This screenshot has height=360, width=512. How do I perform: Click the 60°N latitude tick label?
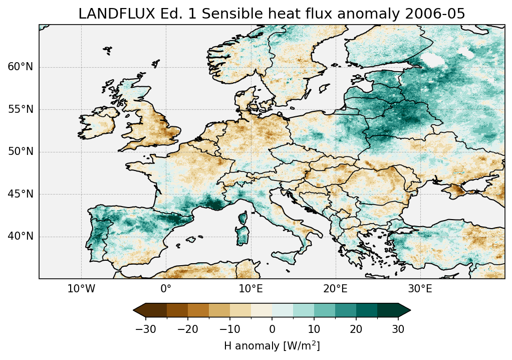20,67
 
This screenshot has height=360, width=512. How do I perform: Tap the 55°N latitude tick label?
20,109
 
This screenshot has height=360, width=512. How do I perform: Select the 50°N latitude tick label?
20,152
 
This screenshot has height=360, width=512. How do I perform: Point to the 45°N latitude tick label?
20,194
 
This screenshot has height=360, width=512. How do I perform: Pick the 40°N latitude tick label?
20,236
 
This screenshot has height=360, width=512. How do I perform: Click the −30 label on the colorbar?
145,329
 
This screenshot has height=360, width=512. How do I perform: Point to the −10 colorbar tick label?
229,329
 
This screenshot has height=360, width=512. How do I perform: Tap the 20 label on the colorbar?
356,329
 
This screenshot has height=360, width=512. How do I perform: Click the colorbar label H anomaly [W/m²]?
272,346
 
